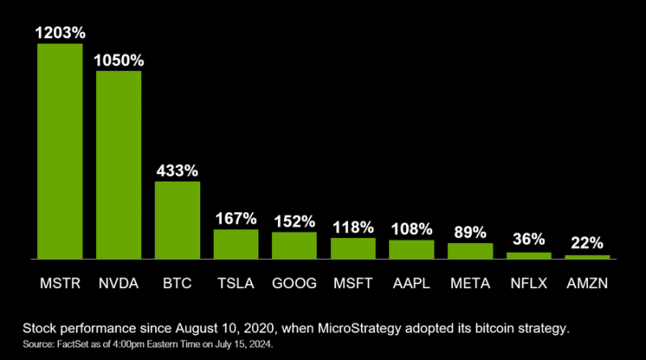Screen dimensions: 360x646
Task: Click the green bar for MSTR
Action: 60,151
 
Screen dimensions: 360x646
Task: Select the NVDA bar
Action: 119,165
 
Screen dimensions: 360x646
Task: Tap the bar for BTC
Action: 177,220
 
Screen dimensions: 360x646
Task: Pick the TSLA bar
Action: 236,244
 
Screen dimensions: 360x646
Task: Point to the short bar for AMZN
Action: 587,257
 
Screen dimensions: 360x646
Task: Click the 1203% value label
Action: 60,33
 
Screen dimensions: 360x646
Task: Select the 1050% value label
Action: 119,61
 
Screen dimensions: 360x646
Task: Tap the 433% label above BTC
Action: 177,171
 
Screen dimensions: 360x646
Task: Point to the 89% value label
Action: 470,232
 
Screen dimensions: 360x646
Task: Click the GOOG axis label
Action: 294,283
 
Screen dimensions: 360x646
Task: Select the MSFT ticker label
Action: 353,283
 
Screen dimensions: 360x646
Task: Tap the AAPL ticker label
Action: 411,283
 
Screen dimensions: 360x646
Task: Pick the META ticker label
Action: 470,283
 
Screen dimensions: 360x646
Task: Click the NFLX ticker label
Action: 529,283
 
